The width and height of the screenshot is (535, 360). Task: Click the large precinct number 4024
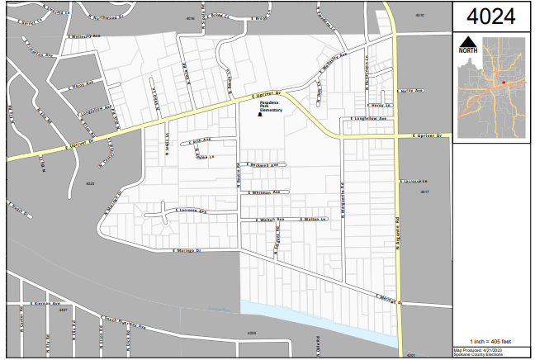pyautogui.click(x=493, y=16)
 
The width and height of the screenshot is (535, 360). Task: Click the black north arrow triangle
pyautogui.click(x=467, y=40)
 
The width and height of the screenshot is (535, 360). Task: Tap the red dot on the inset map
pyautogui.click(x=504, y=83)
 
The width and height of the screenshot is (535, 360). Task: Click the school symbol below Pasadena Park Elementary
pyautogui.click(x=259, y=116)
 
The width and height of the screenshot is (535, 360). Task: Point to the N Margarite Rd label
pyautogui.click(x=342, y=197)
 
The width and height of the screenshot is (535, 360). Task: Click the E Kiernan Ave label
pyautogui.click(x=50, y=304)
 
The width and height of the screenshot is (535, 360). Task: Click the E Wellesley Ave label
pyautogui.click(x=86, y=37)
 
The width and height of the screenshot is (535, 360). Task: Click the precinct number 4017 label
pyautogui.click(x=424, y=192)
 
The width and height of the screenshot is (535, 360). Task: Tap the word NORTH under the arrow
pyautogui.click(x=467, y=50)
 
